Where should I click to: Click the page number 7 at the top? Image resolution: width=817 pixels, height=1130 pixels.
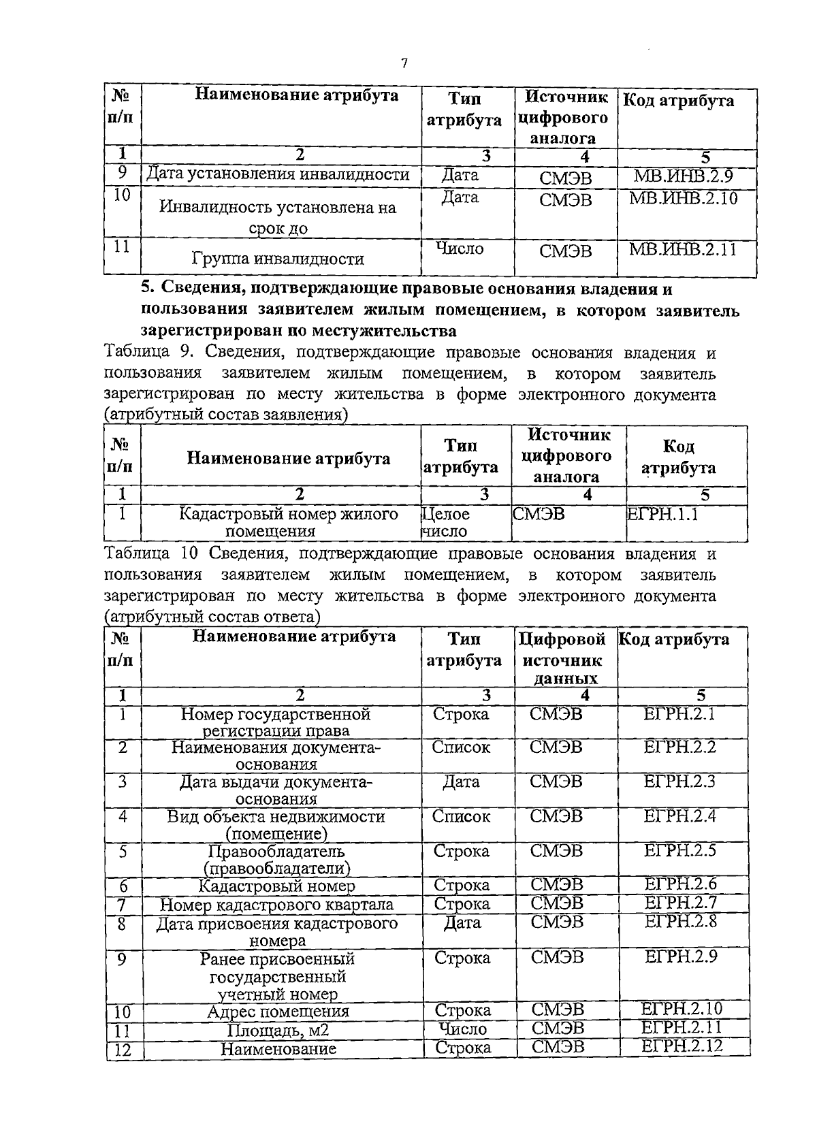(404, 63)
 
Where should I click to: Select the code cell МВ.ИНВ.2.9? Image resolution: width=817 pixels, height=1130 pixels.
(683, 176)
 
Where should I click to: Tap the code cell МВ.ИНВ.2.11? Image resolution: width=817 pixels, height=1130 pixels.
(683, 249)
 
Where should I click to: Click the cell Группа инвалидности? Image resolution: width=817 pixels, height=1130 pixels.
(278, 259)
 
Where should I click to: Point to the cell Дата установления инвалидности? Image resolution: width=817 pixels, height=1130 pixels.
(278, 174)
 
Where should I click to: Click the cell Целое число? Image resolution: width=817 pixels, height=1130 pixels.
(445, 523)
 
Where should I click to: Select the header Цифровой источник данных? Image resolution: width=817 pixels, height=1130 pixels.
(562, 659)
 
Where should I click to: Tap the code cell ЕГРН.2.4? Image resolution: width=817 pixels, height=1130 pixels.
(679, 816)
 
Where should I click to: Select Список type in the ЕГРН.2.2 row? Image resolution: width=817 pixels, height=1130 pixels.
(461, 747)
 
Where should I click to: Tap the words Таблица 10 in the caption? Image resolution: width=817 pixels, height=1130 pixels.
(150, 554)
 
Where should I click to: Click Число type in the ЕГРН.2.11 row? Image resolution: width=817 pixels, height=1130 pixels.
(463, 1029)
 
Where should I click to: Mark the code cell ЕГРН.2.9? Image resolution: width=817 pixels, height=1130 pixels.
(680, 957)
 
